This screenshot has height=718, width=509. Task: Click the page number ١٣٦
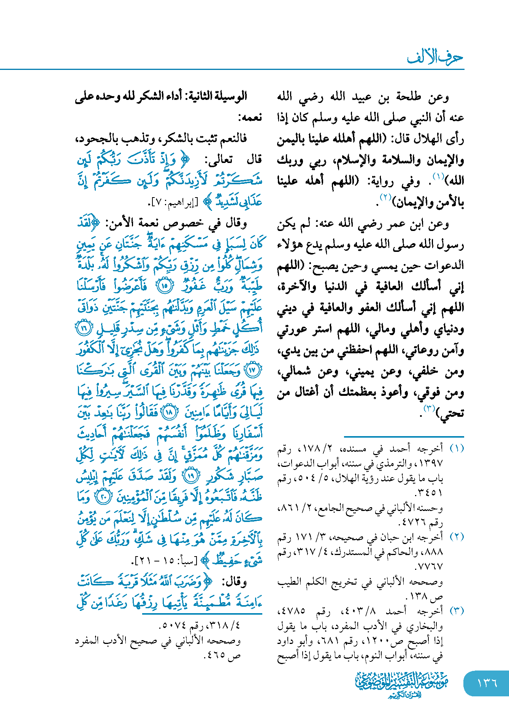[487, 683]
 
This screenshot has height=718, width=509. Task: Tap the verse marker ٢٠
[103, 497]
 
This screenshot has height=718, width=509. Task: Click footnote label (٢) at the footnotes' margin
[457, 537]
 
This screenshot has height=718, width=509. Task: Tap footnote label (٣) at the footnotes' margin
[457, 611]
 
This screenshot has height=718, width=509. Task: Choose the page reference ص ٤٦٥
[223, 655]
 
